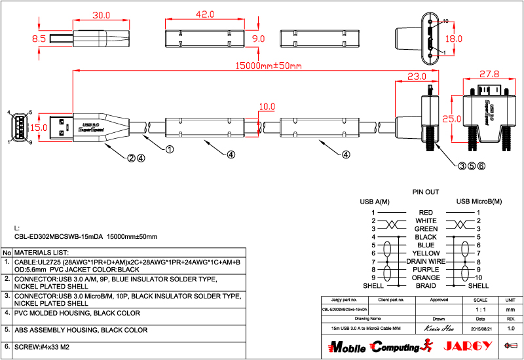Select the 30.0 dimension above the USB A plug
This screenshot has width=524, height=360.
pyautogui.click(x=100, y=14)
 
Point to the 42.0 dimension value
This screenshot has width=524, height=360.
pyautogui.click(x=205, y=14)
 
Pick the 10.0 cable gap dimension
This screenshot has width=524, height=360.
pyautogui.click(x=267, y=106)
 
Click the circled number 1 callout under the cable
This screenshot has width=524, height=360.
pyautogui.click(x=169, y=149)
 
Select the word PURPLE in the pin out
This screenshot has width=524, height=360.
pyautogui.click(x=426, y=269)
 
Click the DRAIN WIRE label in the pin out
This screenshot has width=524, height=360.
pyautogui.click(x=426, y=261)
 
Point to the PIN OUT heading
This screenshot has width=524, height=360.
pyautogui.click(x=425, y=192)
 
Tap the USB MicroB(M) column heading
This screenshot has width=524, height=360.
pyautogui.click(x=479, y=202)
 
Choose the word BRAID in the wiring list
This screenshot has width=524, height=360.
pyautogui.click(x=426, y=285)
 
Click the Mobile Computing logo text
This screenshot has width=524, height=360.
pyautogui.click(x=373, y=346)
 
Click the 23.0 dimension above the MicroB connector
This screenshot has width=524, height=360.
pyautogui.click(x=417, y=77)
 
